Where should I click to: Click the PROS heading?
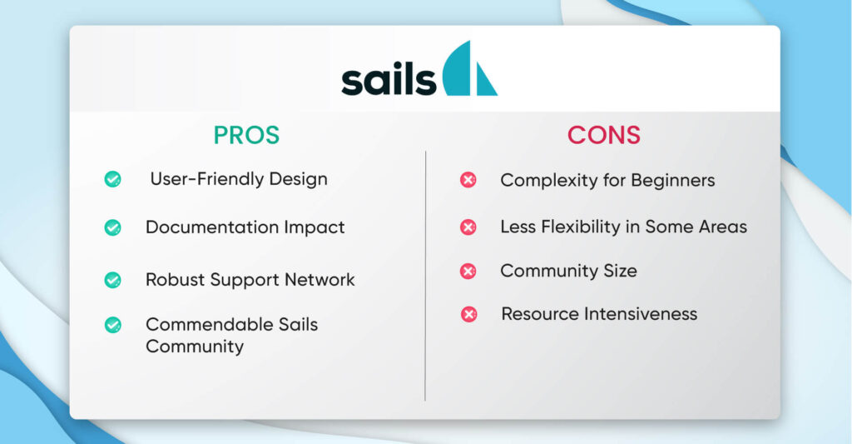coord(246,135)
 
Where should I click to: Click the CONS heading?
coord(604,135)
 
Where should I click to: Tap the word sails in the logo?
coord(388,81)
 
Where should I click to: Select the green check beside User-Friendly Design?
coord(112,179)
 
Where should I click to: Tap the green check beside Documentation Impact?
coord(112,227)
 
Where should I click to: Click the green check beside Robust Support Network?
coord(112,280)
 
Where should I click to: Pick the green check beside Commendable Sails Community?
coord(112,325)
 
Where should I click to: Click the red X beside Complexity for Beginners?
coord(468,180)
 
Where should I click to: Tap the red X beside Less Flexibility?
coord(468,227)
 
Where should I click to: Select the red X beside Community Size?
coord(468,271)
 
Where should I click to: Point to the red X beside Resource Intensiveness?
coord(468,314)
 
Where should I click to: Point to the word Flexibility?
coord(574,227)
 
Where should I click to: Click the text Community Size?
coord(568,271)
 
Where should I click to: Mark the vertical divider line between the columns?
coord(425,275)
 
